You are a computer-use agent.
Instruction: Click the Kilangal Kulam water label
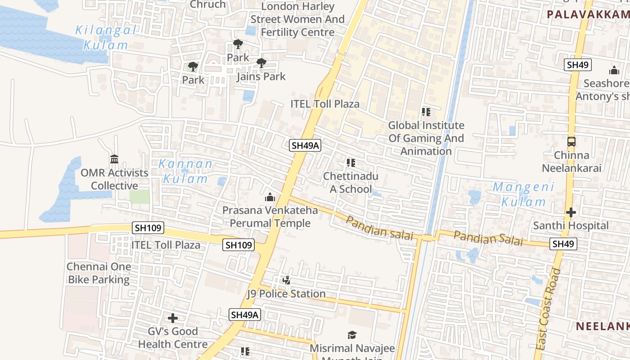click(106, 38)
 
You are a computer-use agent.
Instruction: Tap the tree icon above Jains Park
click(261, 63)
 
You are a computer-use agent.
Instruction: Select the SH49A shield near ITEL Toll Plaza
click(305, 145)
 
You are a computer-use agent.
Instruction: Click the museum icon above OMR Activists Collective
click(114, 159)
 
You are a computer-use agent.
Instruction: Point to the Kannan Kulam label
click(185, 171)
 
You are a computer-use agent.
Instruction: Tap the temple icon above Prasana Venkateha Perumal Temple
click(270, 197)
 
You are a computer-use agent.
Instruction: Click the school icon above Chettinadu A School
click(351, 163)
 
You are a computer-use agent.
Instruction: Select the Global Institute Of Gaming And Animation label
click(426, 138)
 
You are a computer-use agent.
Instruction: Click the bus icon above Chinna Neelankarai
click(571, 142)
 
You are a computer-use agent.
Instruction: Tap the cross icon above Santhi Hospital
click(571, 212)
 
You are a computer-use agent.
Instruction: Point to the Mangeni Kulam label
click(523, 194)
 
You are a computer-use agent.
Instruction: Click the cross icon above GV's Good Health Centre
click(173, 319)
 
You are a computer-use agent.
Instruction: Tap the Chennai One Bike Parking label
click(99, 273)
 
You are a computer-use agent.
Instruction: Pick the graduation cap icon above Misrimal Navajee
click(352, 335)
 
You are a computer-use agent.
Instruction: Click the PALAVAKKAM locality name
click(588, 14)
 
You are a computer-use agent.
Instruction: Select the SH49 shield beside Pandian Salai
click(563, 244)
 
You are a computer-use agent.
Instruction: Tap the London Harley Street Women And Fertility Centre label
click(297, 19)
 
